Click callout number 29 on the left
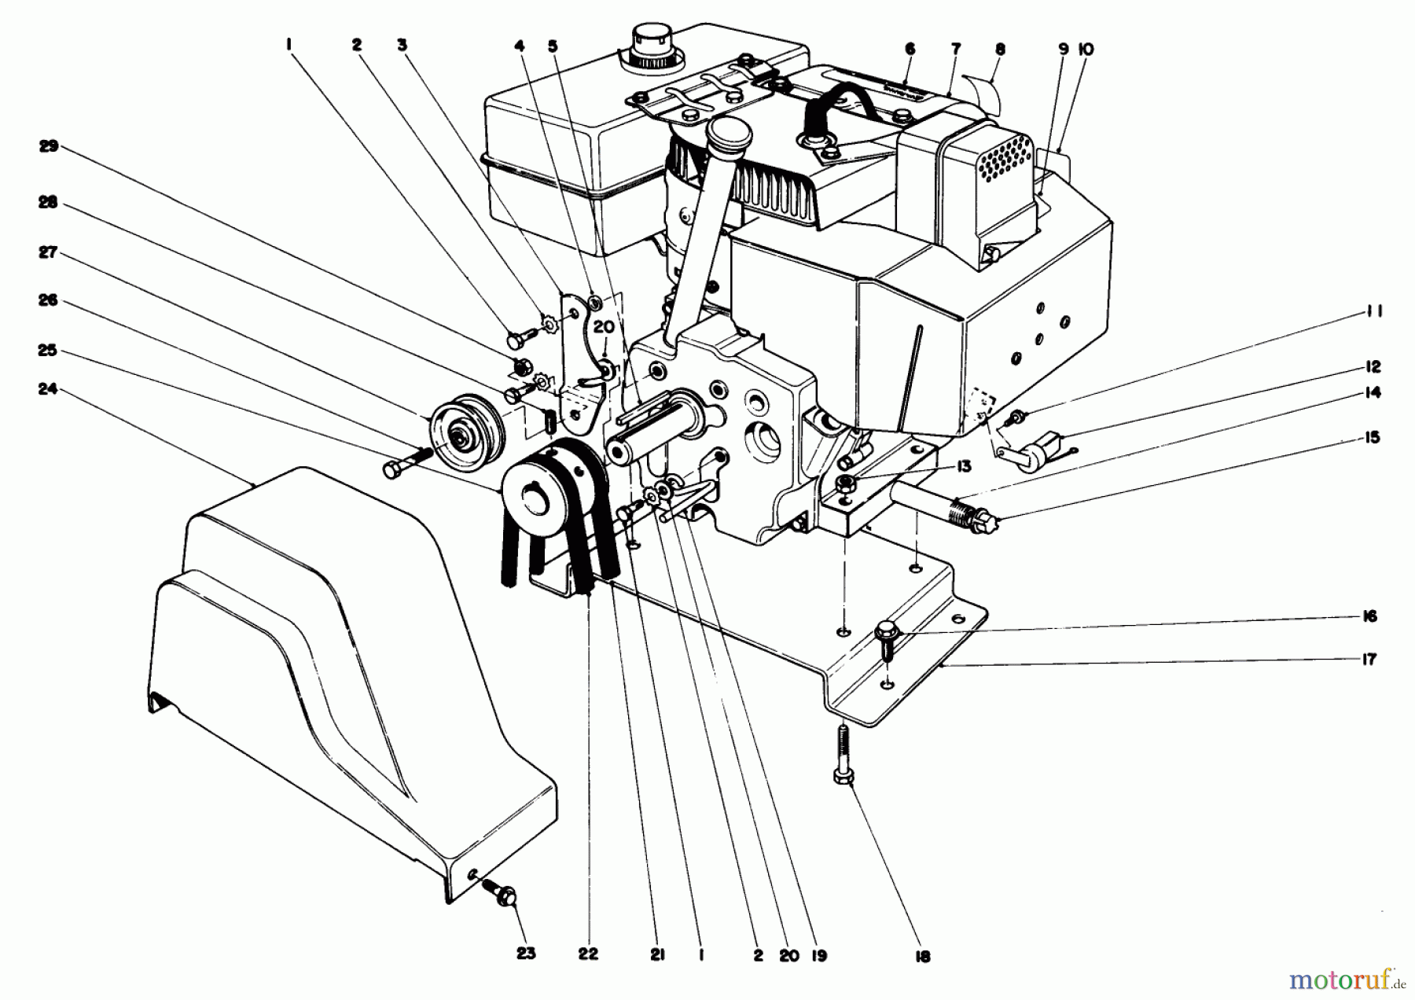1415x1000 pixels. click(48, 146)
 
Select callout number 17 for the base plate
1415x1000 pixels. click(1369, 660)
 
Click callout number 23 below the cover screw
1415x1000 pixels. click(526, 954)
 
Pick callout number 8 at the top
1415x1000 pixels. click(1000, 49)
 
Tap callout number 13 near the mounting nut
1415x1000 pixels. click(964, 467)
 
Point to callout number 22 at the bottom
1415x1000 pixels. click(588, 954)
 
